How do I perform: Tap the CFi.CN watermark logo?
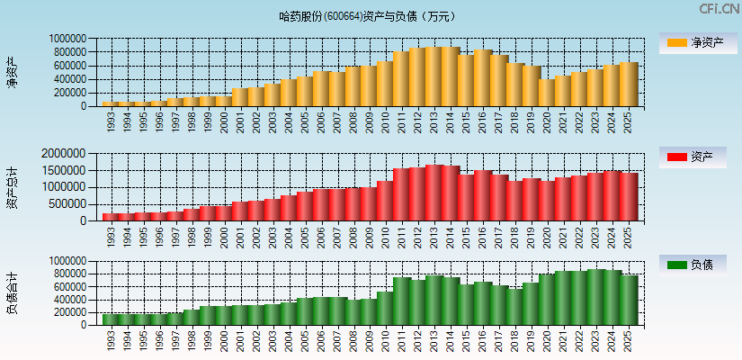click(x=720, y=9)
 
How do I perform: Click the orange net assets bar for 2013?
click(x=434, y=77)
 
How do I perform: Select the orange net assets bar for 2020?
click(x=547, y=93)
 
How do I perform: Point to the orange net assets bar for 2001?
click(x=239, y=97)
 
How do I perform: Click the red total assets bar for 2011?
click(x=401, y=194)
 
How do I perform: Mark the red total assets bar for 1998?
click(x=191, y=215)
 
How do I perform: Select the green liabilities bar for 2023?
click(x=595, y=297)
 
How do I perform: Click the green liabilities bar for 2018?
click(x=514, y=307)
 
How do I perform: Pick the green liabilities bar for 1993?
click(x=110, y=319)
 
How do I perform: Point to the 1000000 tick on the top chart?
click(x=68, y=40)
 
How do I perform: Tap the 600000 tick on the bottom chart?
click(x=71, y=286)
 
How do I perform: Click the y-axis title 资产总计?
click(x=12, y=186)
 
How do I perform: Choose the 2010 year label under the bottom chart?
click(x=385, y=339)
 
